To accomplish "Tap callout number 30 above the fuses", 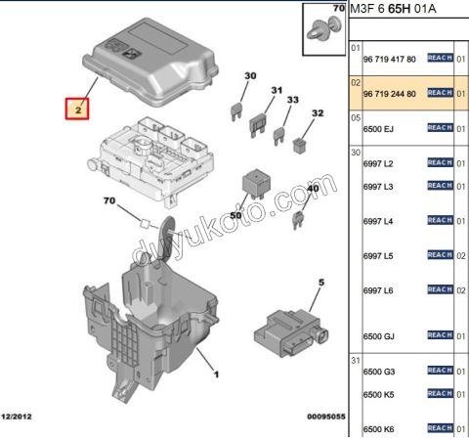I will point(250,75).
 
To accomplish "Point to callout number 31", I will point(277,90).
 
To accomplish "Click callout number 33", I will point(292,101).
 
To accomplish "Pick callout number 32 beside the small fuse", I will point(317,113).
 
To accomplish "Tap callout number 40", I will point(313,188).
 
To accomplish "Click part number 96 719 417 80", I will point(389,60).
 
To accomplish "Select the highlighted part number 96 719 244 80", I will point(389,94).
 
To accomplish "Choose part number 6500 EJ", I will point(378,128).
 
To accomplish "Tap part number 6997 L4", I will point(377,222).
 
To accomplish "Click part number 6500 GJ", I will point(378,336).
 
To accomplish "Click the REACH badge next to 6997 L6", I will point(441,290).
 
